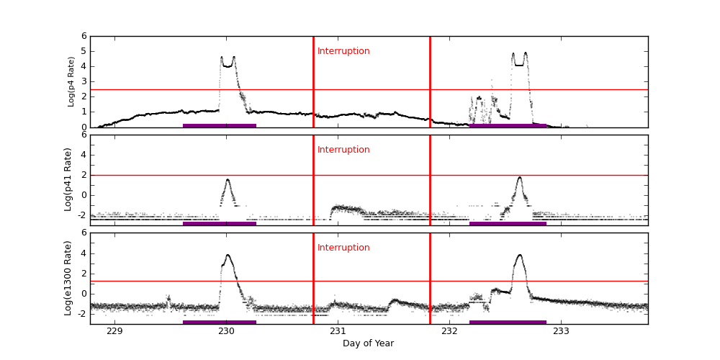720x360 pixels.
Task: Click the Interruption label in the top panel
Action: point(343,51)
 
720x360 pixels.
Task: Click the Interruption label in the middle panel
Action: point(343,150)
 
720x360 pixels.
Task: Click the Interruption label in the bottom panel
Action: point(343,248)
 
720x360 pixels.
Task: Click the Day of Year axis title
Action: point(368,343)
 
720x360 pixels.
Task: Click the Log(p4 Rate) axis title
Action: point(71,81)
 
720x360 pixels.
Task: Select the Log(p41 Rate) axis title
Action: point(68,179)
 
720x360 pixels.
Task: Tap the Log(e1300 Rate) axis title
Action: point(68,278)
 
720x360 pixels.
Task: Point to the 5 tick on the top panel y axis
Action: point(84,51)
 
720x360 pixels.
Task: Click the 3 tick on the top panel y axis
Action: point(84,81)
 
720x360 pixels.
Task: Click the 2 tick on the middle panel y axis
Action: point(84,174)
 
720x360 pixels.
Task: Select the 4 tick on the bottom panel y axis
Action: point(84,253)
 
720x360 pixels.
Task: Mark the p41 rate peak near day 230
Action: point(228,180)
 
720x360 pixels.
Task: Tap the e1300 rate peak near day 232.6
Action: point(519,255)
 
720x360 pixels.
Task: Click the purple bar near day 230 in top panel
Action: point(220,125)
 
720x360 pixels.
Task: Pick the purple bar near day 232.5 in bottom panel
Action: point(508,322)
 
